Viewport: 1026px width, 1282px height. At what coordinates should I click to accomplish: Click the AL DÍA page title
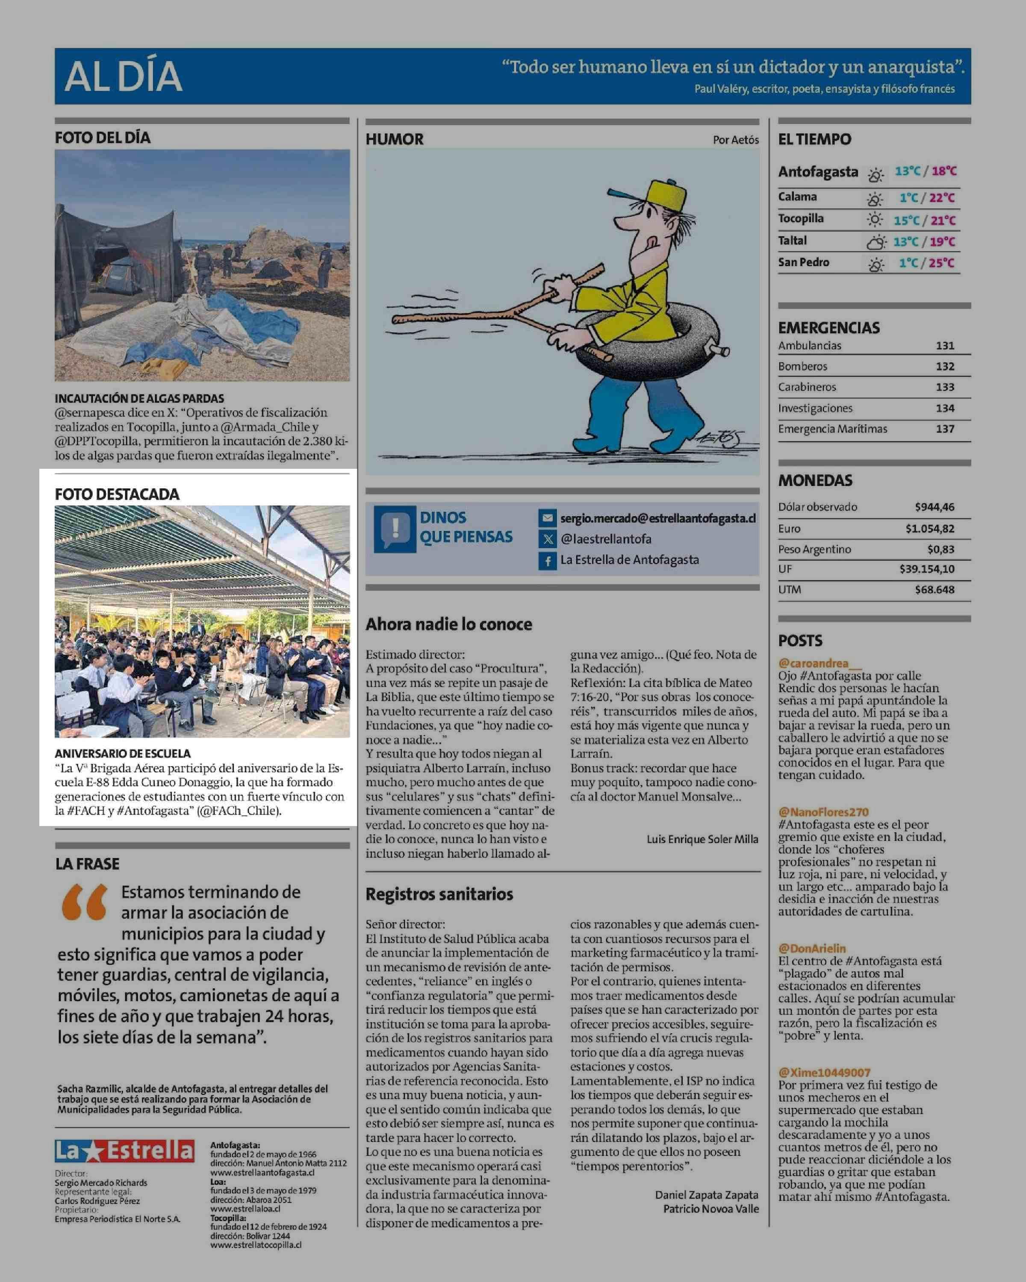click(x=123, y=76)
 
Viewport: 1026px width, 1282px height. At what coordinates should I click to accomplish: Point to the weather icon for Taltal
click(x=876, y=242)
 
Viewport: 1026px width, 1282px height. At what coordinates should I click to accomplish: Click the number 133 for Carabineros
click(x=944, y=387)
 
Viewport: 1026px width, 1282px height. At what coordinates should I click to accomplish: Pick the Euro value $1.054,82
click(x=930, y=529)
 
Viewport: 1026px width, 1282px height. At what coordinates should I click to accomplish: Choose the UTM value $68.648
click(x=935, y=590)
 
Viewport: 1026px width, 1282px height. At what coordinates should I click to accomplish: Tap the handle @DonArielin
click(x=812, y=948)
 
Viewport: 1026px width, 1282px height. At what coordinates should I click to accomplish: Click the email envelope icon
click(x=547, y=518)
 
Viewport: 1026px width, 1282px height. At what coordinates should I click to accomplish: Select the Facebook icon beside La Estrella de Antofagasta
click(x=547, y=560)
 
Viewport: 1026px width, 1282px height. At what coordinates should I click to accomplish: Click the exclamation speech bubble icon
click(x=394, y=528)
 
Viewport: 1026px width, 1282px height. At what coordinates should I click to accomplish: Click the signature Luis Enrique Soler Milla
click(x=702, y=839)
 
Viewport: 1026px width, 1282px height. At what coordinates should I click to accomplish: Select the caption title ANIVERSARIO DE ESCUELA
click(x=123, y=753)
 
